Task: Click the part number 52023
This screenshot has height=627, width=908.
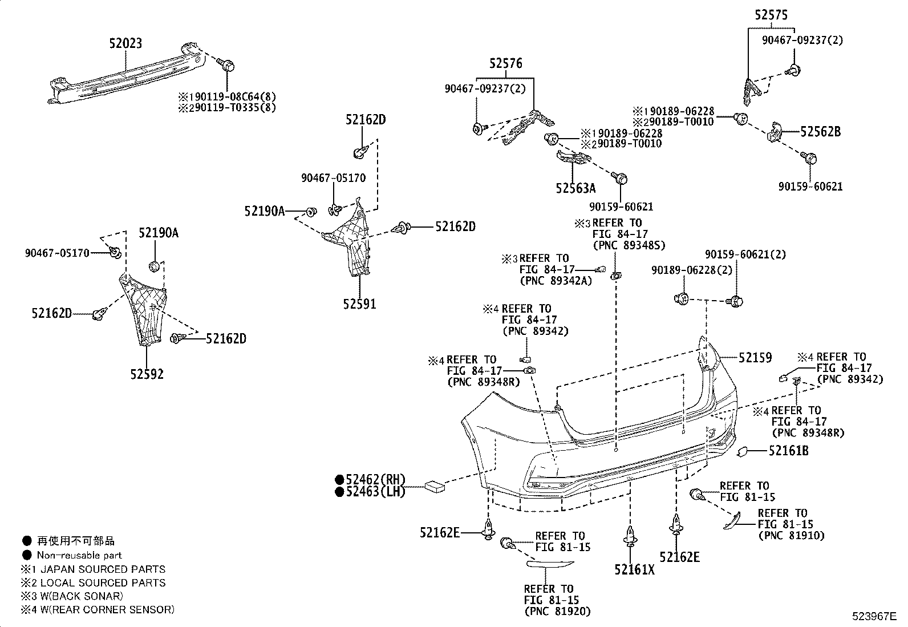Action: pos(126,43)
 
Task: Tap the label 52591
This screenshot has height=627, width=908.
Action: pos(359,304)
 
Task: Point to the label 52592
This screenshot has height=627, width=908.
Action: pos(147,374)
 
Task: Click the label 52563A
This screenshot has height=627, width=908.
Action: pos(575,188)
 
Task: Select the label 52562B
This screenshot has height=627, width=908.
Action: pos(820,132)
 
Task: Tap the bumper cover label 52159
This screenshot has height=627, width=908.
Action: pos(755,358)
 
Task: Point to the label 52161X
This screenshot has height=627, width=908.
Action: pos(635,569)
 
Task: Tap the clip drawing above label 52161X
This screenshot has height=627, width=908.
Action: pos(630,536)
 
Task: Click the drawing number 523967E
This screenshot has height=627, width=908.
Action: pos(874,616)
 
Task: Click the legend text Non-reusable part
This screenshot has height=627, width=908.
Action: pos(79,555)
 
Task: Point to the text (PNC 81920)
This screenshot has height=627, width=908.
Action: pos(557,612)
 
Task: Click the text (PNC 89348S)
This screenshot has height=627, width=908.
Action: pos(629,245)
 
